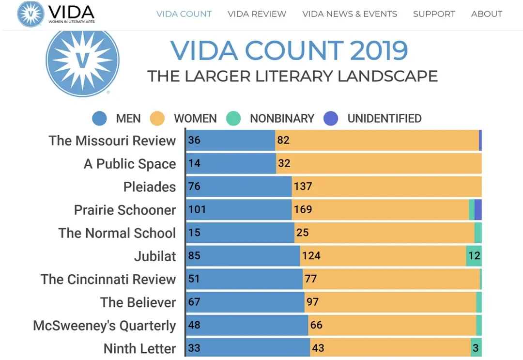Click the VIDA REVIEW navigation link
[257, 14]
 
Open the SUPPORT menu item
[434, 14]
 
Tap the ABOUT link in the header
[487, 14]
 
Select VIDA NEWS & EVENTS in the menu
[350, 14]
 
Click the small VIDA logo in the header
[31, 14]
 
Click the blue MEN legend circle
[99, 119]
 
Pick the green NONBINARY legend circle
[233, 119]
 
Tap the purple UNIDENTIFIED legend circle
[331, 119]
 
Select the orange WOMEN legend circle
[157, 119]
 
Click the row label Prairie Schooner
[125, 210]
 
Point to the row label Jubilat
[155, 256]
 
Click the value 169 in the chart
[303, 210]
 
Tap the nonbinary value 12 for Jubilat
[474, 255]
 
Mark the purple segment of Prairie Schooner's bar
[478, 210]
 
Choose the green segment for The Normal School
[478, 233]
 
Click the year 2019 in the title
[379, 50]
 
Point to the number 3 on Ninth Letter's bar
[476, 348]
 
